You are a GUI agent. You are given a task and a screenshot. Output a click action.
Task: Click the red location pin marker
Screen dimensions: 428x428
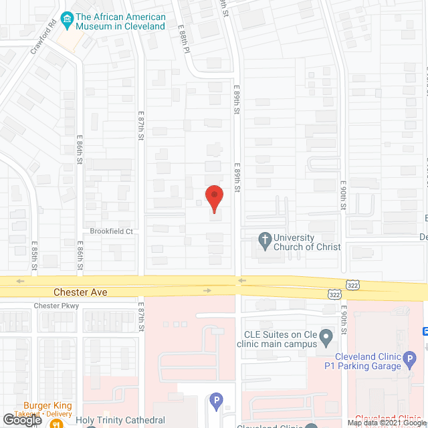213,199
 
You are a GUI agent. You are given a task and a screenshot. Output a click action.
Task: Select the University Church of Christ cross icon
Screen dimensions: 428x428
265,239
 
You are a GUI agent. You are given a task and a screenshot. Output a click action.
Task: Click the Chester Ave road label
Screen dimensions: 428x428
80,292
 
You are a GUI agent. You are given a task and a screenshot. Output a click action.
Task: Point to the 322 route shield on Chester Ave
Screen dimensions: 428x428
335,294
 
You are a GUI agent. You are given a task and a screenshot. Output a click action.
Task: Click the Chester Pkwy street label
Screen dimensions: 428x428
56,306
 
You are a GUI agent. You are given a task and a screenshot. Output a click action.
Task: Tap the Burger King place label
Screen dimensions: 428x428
47,405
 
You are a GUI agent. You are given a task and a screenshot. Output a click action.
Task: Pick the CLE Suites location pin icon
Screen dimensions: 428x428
326,336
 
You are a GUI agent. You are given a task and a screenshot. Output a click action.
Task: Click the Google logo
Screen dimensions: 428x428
21,419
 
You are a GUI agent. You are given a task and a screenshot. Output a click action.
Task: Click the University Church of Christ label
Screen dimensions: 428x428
307,242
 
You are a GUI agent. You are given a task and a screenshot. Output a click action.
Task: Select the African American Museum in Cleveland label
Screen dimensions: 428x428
120,21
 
